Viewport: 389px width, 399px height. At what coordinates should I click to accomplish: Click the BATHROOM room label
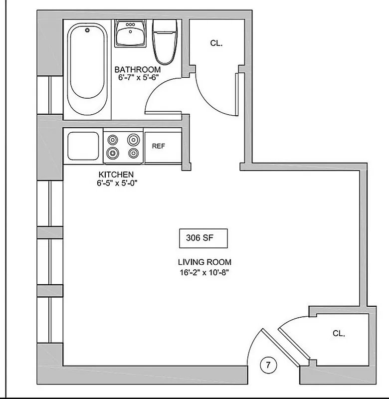point(138,69)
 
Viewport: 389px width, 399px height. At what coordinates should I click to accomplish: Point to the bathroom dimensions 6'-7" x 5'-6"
point(138,78)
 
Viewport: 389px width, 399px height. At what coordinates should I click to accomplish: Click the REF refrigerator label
point(159,146)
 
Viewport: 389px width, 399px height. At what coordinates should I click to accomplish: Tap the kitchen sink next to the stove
point(83,146)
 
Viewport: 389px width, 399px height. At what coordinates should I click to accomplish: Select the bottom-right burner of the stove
point(133,153)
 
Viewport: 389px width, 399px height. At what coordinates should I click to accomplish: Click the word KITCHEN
point(116,175)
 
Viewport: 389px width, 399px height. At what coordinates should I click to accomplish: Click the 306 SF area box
point(203,238)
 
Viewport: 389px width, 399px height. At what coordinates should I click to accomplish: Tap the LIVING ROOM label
point(204,262)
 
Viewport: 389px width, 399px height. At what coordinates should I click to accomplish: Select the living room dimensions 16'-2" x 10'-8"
point(204,272)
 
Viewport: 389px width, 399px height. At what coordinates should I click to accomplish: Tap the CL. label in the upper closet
point(216,43)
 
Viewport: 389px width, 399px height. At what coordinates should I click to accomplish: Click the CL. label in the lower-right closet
point(339,334)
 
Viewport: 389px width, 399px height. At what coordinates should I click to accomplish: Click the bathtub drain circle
point(88,31)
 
